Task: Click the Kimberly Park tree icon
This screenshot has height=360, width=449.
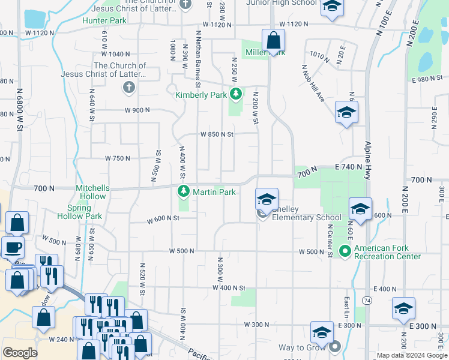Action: [237, 94]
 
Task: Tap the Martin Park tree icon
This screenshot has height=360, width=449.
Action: [184, 192]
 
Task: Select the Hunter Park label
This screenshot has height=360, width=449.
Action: [104, 20]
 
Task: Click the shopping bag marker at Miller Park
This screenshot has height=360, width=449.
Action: [273, 41]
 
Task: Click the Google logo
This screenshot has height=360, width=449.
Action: [20, 353]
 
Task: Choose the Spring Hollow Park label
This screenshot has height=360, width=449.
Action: [80, 212]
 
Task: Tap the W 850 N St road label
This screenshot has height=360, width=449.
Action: [216, 134]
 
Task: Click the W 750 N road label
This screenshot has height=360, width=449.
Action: [118, 158]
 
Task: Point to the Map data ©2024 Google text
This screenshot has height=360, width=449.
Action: [412, 355]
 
